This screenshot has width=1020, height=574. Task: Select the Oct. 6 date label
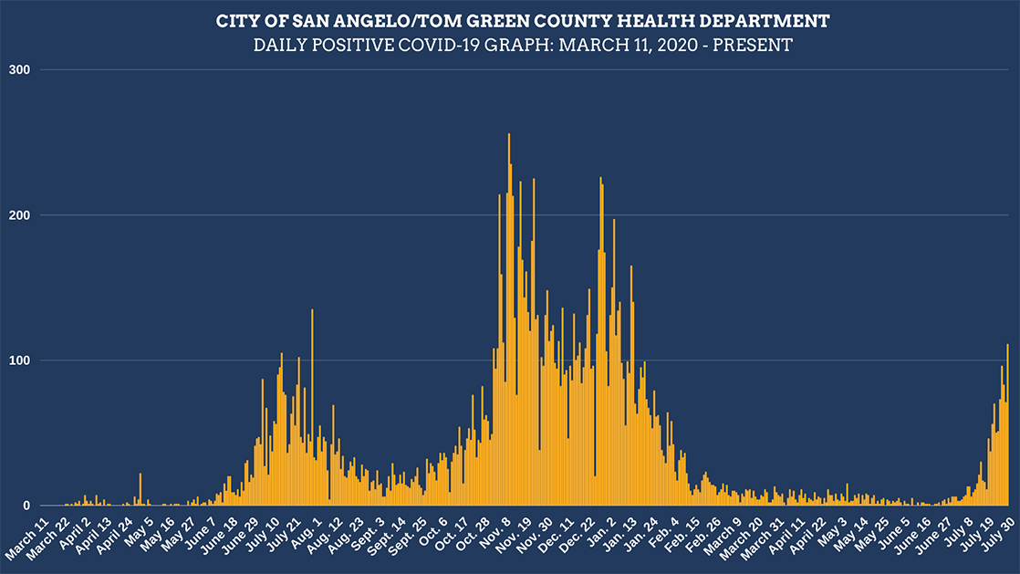tap(433, 534)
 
